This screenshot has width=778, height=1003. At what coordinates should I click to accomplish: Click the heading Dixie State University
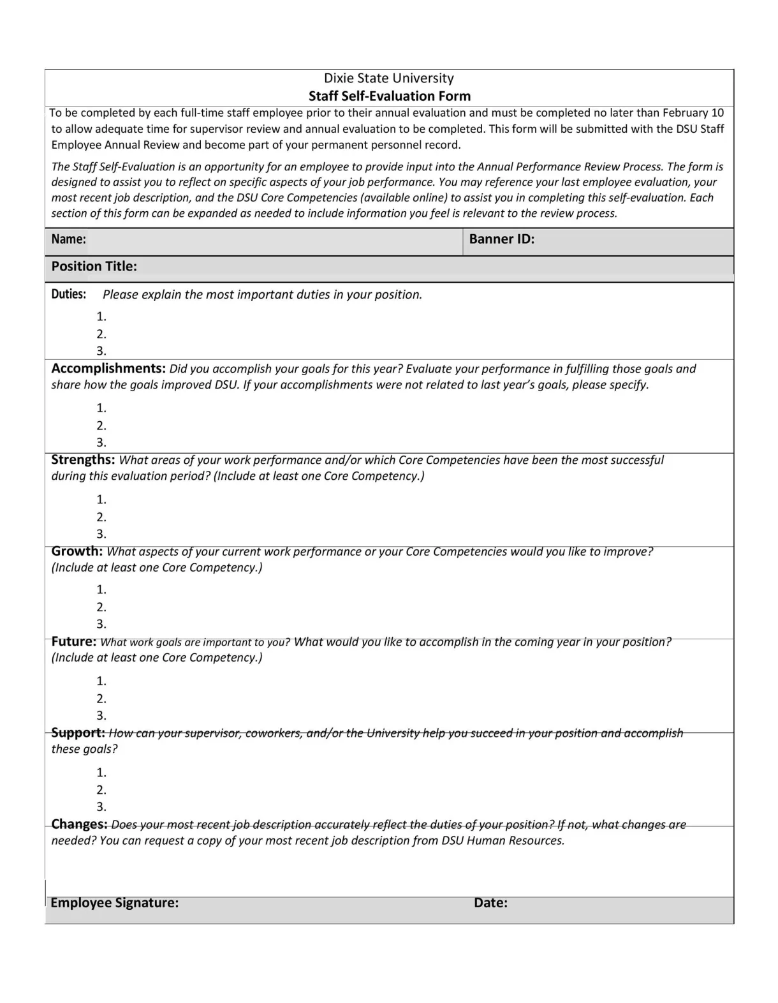(x=388, y=78)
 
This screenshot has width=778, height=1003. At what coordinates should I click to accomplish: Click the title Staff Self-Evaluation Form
(x=389, y=96)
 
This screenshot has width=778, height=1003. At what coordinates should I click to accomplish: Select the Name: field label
(x=68, y=239)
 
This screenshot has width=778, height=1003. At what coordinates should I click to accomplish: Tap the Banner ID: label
(x=501, y=239)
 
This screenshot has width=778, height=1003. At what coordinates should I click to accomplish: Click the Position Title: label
(x=94, y=267)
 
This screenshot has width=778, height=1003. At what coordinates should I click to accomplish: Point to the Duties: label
(x=68, y=294)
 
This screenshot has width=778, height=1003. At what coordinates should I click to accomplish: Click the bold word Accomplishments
(x=108, y=369)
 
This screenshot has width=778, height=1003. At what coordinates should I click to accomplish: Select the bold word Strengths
(x=83, y=460)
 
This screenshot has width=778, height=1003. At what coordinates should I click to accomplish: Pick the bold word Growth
(x=77, y=551)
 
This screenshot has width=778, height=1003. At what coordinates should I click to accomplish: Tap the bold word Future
(x=73, y=642)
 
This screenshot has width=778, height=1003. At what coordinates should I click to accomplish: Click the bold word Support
(x=78, y=733)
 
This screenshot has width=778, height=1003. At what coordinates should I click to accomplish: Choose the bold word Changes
(x=79, y=824)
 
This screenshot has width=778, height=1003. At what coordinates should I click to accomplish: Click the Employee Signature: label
(x=114, y=903)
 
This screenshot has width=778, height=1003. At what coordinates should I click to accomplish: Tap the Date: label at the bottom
(x=490, y=903)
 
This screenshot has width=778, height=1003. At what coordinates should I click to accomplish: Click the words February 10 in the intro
(x=693, y=113)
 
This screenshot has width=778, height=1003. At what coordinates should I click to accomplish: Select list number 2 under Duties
(x=101, y=334)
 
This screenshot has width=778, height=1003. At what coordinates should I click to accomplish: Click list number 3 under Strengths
(x=101, y=534)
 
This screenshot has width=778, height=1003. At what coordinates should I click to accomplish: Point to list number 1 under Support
(x=101, y=773)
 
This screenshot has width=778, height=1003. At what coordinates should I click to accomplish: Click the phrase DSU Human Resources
(x=503, y=840)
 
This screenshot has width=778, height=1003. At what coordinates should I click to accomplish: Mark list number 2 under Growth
(x=101, y=607)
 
